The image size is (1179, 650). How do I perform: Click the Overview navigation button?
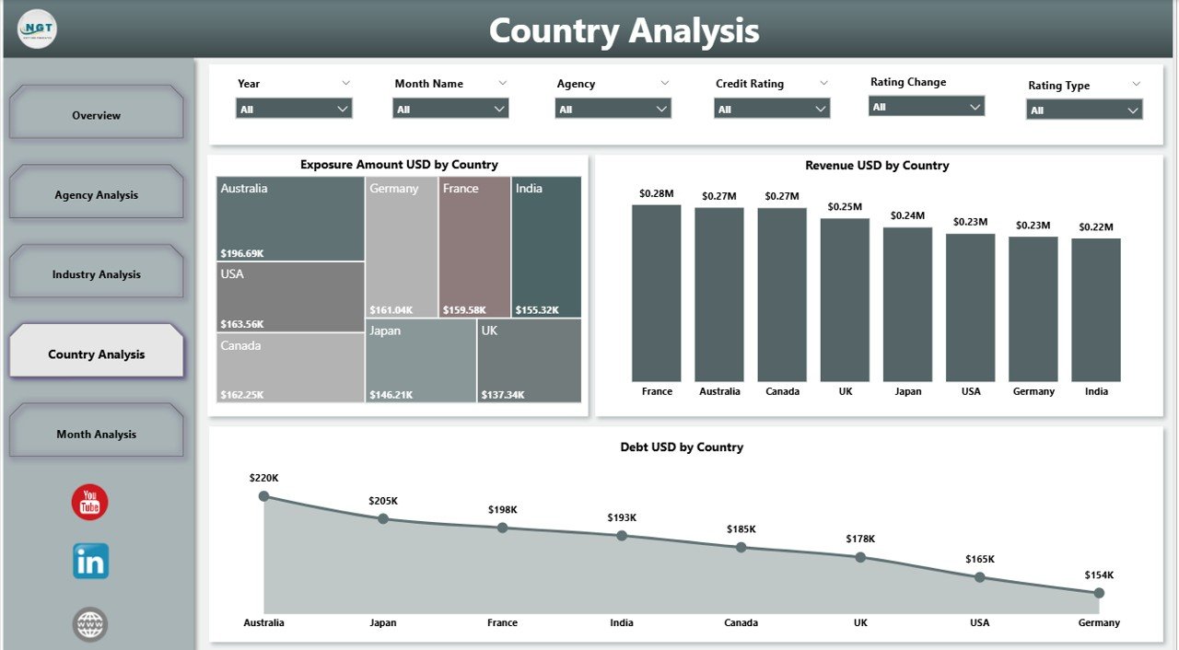96,115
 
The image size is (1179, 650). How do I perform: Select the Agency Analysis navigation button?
96,194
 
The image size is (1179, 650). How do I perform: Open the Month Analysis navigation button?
96,434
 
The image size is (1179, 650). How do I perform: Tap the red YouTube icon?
90,503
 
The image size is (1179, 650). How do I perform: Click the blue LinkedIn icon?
90,561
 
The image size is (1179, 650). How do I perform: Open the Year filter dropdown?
294,109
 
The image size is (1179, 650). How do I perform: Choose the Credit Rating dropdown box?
771,109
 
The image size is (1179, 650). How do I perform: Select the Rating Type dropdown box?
1084,110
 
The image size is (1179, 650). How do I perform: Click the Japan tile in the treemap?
420,360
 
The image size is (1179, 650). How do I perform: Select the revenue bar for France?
657,293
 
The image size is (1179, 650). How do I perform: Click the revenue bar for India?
1096,309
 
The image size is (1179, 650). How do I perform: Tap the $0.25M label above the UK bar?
845,207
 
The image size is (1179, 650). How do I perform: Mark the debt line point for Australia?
264,496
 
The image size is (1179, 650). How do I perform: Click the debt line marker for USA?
979,577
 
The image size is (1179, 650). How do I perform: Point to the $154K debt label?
1099,575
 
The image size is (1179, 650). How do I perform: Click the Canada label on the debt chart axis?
741,622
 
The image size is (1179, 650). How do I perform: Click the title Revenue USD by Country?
877,166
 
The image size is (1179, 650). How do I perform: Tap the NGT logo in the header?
37,30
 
